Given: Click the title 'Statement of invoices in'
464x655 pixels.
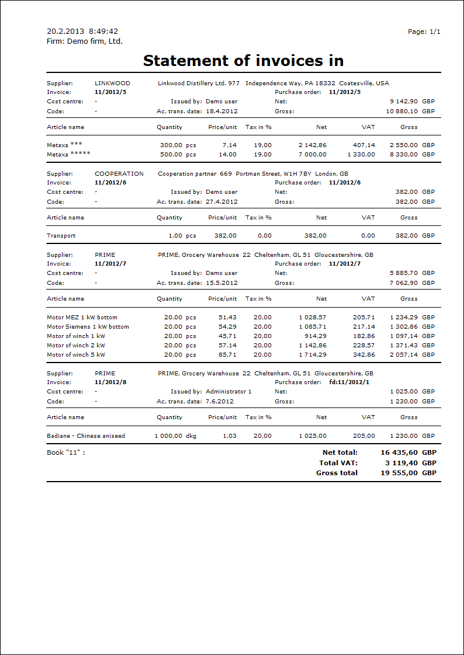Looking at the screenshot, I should pyautogui.click(x=243, y=61).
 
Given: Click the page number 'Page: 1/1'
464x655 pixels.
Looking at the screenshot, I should pyautogui.click(x=424, y=32).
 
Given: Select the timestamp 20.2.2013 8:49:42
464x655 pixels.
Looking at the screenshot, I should pyautogui.click(x=82, y=32).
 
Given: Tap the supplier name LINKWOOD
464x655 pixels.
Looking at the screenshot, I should pyautogui.click(x=112, y=83).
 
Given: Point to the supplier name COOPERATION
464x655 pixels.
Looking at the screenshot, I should pyautogui.click(x=119, y=174).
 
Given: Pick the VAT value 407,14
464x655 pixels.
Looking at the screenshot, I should pyautogui.click(x=363, y=145).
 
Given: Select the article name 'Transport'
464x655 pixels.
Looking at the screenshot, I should pyautogui.click(x=61, y=236).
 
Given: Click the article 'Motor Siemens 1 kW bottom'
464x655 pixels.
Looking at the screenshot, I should pyautogui.click(x=88, y=327).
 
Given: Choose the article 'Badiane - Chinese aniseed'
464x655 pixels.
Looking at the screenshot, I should pyautogui.click(x=86, y=436).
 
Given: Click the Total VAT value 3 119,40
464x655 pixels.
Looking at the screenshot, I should pyautogui.click(x=400, y=463).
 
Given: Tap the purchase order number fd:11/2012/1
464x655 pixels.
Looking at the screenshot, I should pyautogui.click(x=348, y=382).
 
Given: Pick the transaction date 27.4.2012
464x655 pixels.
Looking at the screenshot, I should pyautogui.click(x=221, y=202).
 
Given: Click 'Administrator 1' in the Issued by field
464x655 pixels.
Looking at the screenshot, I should pyautogui.click(x=228, y=392).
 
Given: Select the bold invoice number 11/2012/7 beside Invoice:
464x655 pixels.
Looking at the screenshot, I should pyautogui.click(x=110, y=264).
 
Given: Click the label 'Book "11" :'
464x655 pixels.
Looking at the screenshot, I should pyautogui.click(x=66, y=452).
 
